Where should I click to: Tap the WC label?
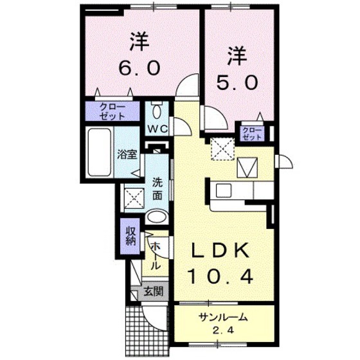[x=158, y=129]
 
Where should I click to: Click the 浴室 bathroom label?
[x=127, y=154]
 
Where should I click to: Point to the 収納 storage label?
[x=130, y=236]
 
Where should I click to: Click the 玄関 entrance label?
[x=153, y=291]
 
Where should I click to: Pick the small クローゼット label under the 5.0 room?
[x=253, y=134]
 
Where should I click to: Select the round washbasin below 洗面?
[x=157, y=217]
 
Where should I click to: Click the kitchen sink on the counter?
[x=224, y=191]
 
